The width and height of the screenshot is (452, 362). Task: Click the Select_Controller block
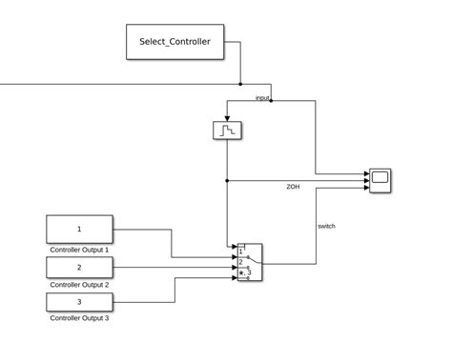[175, 42]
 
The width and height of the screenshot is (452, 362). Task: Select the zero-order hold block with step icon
[227, 131]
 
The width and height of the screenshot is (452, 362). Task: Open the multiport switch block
[249, 262]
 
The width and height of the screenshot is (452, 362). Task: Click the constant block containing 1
[79, 230]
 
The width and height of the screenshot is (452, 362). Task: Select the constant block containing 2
[79, 267]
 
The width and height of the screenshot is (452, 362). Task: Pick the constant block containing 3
[79, 302]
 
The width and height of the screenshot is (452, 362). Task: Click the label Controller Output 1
[79, 250]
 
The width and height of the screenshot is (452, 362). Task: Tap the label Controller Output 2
[79, 285]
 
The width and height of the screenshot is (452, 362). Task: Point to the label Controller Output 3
[79, 319]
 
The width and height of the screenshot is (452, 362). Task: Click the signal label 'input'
[262, 97]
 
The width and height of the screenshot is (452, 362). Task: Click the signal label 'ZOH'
[293, 187]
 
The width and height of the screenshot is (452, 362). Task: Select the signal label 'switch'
[326, 226]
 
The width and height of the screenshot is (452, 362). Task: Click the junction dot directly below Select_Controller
[240, 83]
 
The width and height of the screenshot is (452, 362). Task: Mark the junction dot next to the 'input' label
[272, 100]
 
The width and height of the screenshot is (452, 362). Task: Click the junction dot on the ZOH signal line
[227, 180]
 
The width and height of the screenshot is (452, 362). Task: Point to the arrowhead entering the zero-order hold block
[227, 117]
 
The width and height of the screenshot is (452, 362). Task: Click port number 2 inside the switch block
[240, 262]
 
